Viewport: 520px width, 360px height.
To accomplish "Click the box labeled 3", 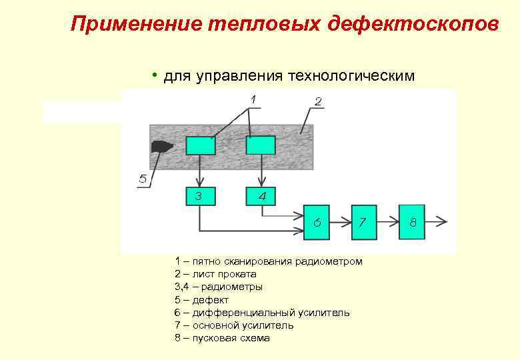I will coord(200,196).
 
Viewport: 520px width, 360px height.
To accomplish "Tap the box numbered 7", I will coord(364,221).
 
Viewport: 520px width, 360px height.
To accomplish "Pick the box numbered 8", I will coord(413,221).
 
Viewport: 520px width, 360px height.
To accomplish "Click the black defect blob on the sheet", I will coord(163,147).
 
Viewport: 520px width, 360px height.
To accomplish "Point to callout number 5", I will coord(143,179).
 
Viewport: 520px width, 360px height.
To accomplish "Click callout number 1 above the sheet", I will coord(253,99).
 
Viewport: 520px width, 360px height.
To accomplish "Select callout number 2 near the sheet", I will coord(318,101).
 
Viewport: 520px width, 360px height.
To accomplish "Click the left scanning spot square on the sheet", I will coord(200,145).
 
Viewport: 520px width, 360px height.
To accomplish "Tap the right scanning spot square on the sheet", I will coord(261,145).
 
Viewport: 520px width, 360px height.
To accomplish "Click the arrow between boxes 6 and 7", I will coord(341,221).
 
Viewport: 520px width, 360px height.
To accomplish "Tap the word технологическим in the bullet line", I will coord(351,77).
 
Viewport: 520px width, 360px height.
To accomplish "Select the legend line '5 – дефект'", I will coord(201,300).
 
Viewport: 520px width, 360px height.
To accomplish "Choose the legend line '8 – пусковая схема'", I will coord(222,338).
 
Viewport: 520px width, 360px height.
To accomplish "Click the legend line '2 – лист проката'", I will coord(215,274).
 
